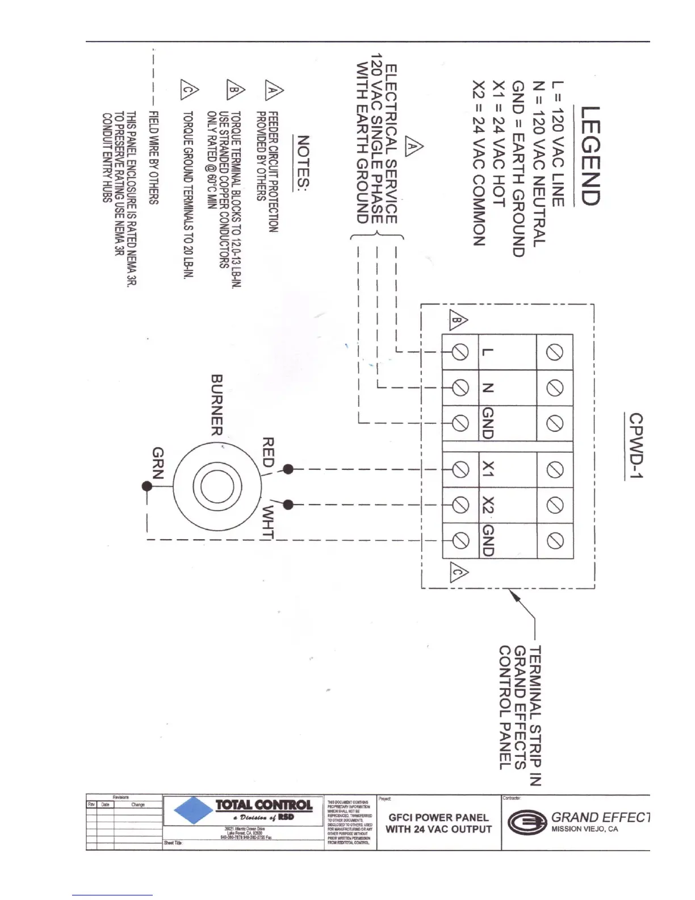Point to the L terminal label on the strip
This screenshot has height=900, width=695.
click(487, 352)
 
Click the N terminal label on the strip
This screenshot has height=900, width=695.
click(487, 388)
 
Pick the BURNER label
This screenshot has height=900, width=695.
click(216, 405)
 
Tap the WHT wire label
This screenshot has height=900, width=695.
click(268, 521)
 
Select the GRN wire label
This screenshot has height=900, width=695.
click(158, 463)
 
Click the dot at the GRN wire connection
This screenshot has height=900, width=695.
click(147, 486)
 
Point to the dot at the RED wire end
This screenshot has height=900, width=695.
click(288, 469)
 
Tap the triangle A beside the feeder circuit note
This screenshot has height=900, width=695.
click(274, 90)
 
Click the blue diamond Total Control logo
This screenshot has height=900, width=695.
click(193, 810)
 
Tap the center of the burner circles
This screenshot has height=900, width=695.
click(213, 486)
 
